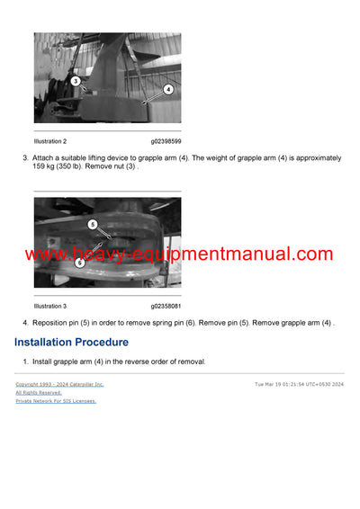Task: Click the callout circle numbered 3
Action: [x=76, y=81]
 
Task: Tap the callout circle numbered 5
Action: [x=92, y=224]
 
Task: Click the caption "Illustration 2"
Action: [x=50, y=141]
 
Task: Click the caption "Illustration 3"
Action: [x=50, y=306]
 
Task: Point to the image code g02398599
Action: [x=166, y=141]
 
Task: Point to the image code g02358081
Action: [x=166, y=306]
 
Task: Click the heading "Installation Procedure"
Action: [x=71, y=343]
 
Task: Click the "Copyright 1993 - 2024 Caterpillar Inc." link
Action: [x=59, y=384]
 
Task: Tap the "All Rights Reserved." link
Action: [x=39, y=392]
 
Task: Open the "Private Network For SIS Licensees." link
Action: [x=56, y=401]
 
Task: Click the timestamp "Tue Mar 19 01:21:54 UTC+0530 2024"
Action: [x=299, y=384]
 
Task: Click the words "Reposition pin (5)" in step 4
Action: [x=62, y=322]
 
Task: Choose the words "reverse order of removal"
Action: [x=167, y=362]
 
